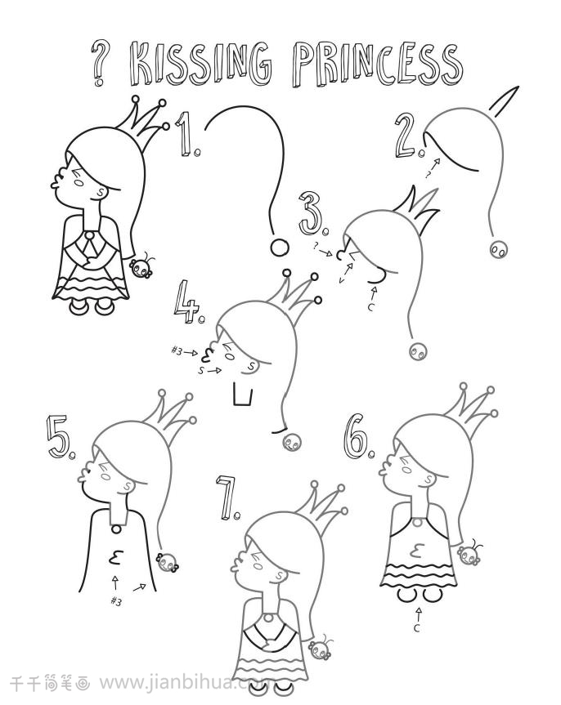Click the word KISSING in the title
201,63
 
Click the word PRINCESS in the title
377,64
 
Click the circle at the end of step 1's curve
279,248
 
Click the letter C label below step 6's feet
417,627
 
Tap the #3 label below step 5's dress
116,601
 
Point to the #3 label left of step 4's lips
177,350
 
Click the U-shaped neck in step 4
243,395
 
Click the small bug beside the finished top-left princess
141,267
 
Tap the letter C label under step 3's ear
370,307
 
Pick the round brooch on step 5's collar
116,529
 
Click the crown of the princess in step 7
321,506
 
